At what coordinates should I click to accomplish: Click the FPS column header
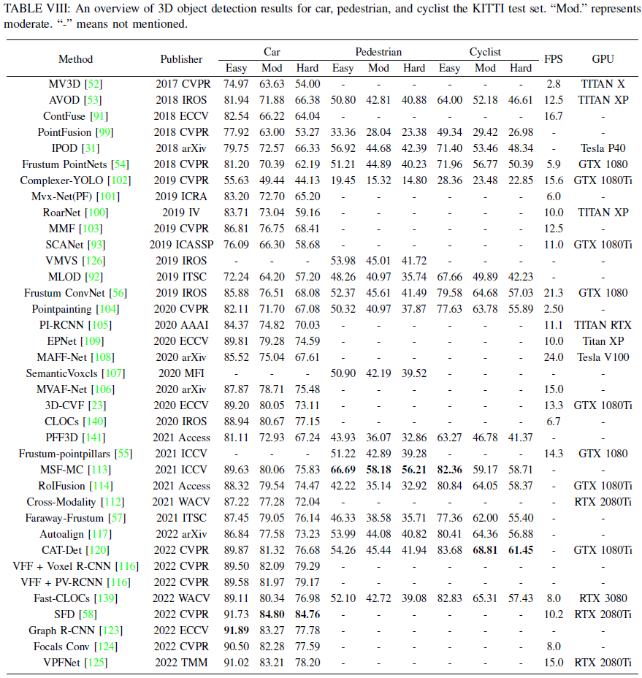coord(554,60)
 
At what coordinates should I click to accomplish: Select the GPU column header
coord(603,60)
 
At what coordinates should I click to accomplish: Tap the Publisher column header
coord(182,60)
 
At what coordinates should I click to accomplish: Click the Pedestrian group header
coord(378,52)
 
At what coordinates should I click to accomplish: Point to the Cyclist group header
coord(485,52)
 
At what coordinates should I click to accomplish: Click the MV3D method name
coord(65,84)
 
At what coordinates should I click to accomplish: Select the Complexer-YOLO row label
coord(65,180)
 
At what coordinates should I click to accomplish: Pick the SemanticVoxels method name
coord(65,373)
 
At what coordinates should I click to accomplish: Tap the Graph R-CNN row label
coord(65,631)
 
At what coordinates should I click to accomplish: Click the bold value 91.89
coord(236,631)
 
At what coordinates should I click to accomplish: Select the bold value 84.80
coord(272,614)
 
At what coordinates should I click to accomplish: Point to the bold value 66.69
coord(343,470)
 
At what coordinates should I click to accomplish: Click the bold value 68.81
coord(485,550)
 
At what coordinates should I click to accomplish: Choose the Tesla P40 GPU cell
coord(603,148)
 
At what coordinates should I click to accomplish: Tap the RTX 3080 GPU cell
coord(603,598)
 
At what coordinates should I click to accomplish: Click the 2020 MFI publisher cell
coord(182,373)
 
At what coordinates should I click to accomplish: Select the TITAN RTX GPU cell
coord(603,325)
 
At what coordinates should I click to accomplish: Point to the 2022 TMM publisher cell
coord(182,663)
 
